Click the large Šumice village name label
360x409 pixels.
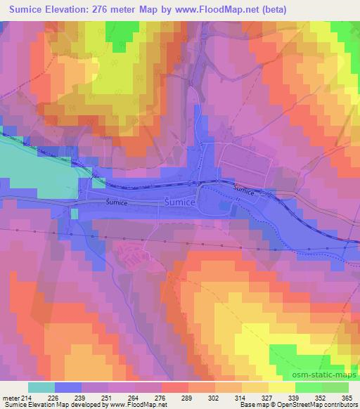click(179, 202)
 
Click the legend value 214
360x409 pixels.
click(28, 397)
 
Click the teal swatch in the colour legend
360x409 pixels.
click(41, 387)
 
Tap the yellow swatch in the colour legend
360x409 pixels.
click(282, 387)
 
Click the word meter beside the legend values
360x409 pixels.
click(10, 397)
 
